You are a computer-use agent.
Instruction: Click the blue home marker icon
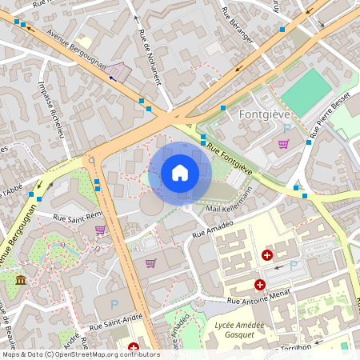pos(179,173)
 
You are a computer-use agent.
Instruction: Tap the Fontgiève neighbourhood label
pos(264,114)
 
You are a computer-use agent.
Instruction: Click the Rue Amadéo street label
pos(212,233)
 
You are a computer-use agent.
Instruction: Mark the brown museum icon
pos(21,279)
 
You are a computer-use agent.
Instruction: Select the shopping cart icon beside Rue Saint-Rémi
pos(100,230)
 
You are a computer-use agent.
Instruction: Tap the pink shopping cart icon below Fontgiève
pos(283,144)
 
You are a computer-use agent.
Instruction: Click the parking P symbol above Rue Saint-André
pos(114,304)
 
